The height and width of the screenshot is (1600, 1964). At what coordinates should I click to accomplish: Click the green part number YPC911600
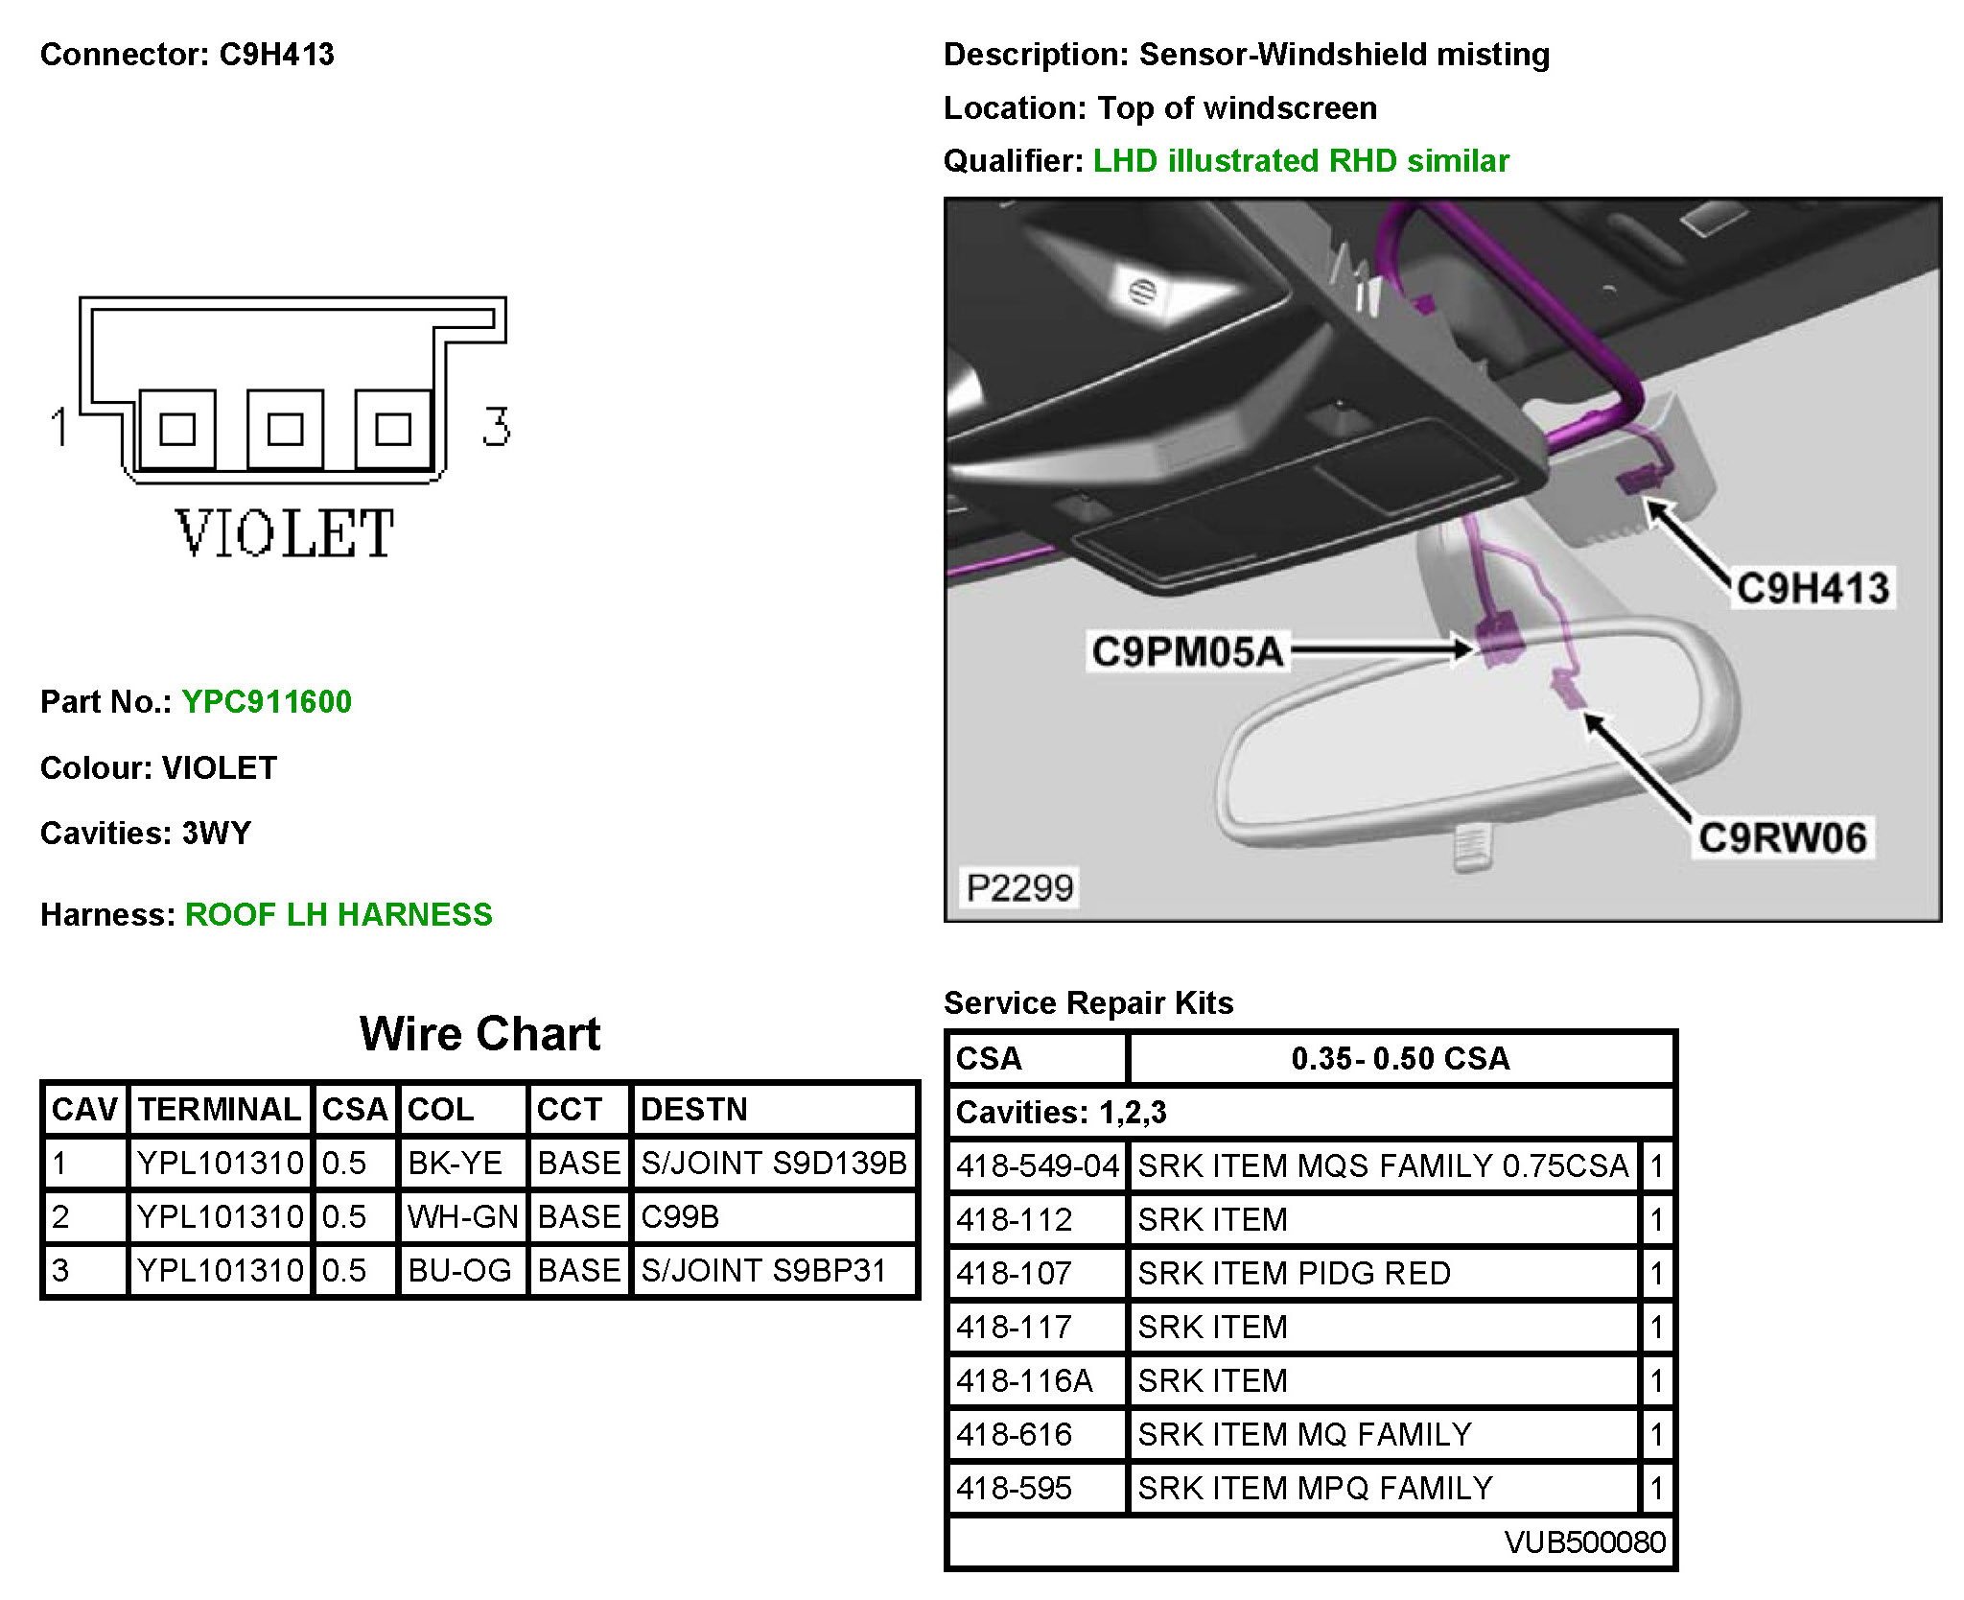coord(267,701)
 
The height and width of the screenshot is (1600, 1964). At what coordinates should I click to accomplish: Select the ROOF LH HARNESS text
coord(339,914)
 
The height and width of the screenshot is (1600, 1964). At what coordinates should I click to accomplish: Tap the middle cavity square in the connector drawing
coord(285,429)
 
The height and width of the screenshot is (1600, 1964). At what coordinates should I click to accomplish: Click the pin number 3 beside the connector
coord(496,426)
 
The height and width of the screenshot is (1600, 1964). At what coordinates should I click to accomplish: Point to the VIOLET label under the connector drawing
coord(285,534)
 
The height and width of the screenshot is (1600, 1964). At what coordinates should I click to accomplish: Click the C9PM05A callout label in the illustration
coord(1187,651)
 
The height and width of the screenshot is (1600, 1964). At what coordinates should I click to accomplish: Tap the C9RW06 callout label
coord(1783,837)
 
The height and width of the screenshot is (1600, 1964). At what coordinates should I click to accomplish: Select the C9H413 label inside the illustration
coord(1812,588)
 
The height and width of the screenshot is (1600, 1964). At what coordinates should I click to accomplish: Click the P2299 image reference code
coord(1019,887)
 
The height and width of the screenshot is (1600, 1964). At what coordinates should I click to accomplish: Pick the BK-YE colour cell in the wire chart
coord(456,1163)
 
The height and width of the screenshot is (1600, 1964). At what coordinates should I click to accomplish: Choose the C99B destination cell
coord(680,1216)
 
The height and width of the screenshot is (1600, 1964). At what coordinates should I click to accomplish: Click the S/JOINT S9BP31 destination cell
coord(763,1270)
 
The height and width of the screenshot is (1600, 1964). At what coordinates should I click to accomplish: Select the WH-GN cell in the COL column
coord(462,1216)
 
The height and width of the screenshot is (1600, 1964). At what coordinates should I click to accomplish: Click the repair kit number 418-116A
coord(1024,1380)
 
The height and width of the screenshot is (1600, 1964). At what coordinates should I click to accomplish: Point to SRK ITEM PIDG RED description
coord(1294,1273)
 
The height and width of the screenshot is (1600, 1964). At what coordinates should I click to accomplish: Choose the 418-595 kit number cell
coord(1014,1488)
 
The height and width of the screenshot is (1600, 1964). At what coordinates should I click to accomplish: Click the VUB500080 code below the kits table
coord(1584,1541)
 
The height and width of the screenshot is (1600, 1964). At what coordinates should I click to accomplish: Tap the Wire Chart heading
coord(479,1034)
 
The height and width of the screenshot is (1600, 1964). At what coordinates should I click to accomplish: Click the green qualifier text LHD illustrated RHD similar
coord(1301,160)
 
